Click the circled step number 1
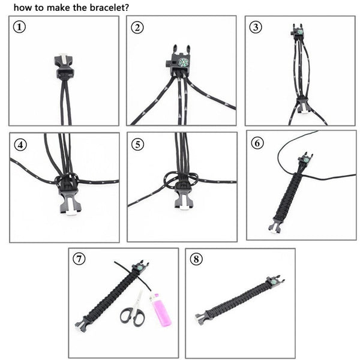pyautogui.click(x=20, y=28)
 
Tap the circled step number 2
pyautogui.click(x=139, y=28)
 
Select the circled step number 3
pyautogui.click(x=256, y=28)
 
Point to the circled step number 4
pyautogui.click(x=21, y=144)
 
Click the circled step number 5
pyautogui.click(x=139, y=144)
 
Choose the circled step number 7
pyautogui.click(x=79, y=259)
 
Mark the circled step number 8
pyautogui.click(x=197, y=259)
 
